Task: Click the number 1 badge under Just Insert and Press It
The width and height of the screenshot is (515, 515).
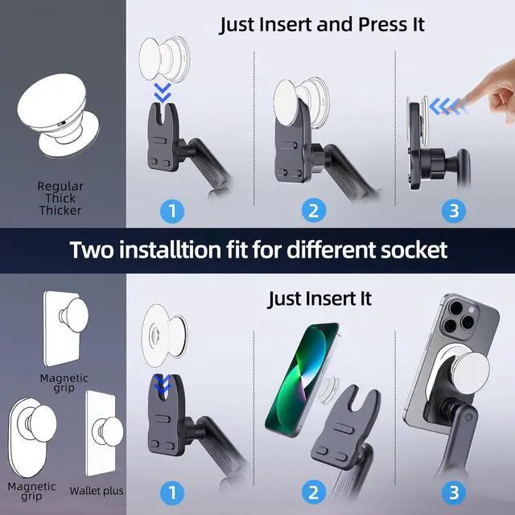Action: (x=172, y=211)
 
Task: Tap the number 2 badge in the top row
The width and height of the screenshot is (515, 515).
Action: (x=314, y=211)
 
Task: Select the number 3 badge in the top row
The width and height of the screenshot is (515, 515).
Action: (x=454, y=211)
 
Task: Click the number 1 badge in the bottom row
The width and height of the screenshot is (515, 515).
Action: (x=172, y=492)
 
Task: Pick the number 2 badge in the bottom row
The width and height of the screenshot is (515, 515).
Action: (x=314, y=492)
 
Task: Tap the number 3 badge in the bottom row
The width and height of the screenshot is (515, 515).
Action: (x=454, y=492)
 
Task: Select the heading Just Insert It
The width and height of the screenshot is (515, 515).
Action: (x=319, y=299)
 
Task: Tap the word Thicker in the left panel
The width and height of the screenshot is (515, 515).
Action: (x=60, y=210)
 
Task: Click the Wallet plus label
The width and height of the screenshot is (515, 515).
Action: (x=97, y=491)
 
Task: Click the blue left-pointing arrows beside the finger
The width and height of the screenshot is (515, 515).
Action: (x=449, y=107)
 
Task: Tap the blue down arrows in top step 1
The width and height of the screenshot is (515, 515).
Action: (x=163, y=93)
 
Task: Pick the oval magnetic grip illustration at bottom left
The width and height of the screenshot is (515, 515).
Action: (x=31, y=437)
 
